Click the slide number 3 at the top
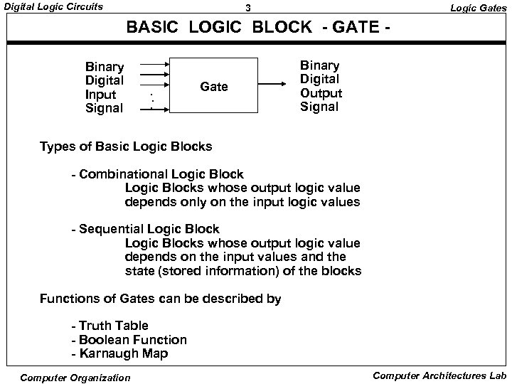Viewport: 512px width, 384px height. (x=247, y=9)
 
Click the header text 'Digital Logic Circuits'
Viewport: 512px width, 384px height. (x=53, y=7)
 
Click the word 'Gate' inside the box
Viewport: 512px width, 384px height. (x=214, y=87)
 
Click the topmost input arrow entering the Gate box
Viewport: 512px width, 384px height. (x=152, y=62)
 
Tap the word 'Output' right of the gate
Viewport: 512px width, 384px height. (x=321, y=93)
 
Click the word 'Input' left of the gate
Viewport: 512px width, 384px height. (x=100, y=95)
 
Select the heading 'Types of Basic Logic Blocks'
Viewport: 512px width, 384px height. (x=126, y=147)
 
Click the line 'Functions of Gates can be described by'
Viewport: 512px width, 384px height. (x=161, y=299)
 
